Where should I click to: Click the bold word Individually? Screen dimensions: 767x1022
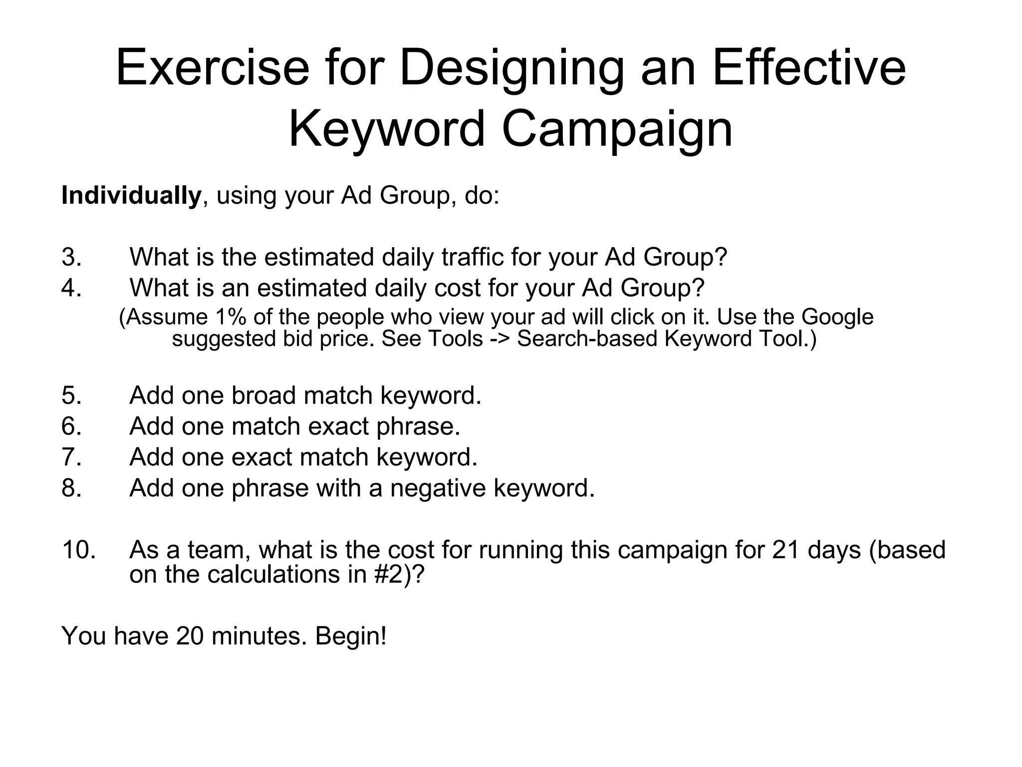[x=131, y=195]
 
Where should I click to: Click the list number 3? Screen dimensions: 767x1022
[x=71, y=258]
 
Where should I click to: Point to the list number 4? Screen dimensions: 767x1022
[x=71, y=288]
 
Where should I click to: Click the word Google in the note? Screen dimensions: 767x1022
[x=837, y=318]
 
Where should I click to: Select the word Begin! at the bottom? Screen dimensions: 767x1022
[x=351, y=637]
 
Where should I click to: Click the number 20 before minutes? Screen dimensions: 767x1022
[x=190, y=637]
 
